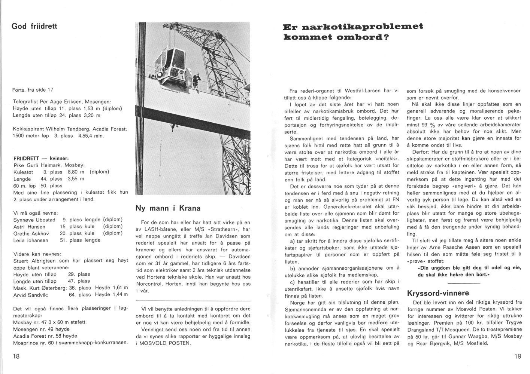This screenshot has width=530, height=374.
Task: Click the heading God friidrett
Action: pos(34,27)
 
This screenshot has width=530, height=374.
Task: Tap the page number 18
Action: pos(16,356)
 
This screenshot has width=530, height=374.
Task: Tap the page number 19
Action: pos(517,356)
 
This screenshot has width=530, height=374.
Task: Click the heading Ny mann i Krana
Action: pos(168,208)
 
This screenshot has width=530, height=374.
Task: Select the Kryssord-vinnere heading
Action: pos(438,293)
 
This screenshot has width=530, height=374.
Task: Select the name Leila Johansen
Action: pos(31,240)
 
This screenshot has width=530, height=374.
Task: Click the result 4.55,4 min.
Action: pos(91,136)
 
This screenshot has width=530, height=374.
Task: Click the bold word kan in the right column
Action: pos(466,138)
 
